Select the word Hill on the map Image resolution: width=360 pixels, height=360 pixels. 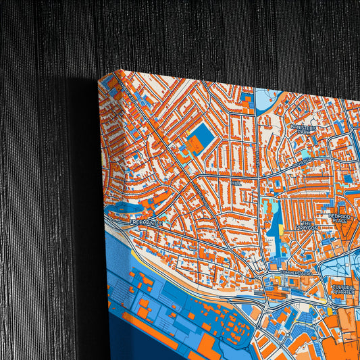click(x=235, y=182)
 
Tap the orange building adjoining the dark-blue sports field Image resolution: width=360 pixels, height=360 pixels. click(x=194, y=144)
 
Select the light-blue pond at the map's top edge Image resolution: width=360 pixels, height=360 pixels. click(x=268, y=101)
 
